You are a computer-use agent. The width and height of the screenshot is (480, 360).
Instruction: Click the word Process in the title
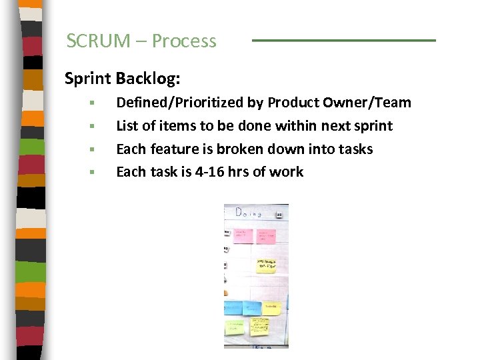point(184,41)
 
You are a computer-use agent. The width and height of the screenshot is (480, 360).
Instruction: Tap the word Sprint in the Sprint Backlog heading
point(88,79)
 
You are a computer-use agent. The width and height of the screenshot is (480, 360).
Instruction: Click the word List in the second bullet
point(127,126)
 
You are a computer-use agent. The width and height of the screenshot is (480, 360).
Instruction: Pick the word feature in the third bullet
point(168,149)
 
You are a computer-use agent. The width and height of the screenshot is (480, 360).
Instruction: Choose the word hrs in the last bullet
point(233,172)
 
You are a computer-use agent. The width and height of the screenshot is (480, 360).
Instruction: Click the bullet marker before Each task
point(94,173)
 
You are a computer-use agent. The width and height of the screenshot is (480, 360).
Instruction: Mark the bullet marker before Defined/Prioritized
point(94,103)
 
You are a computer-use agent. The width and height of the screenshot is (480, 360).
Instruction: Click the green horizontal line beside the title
point(343,41)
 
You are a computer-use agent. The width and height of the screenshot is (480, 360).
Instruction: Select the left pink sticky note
point(242,236)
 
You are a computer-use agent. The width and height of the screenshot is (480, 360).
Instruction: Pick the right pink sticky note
point(266,236)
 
